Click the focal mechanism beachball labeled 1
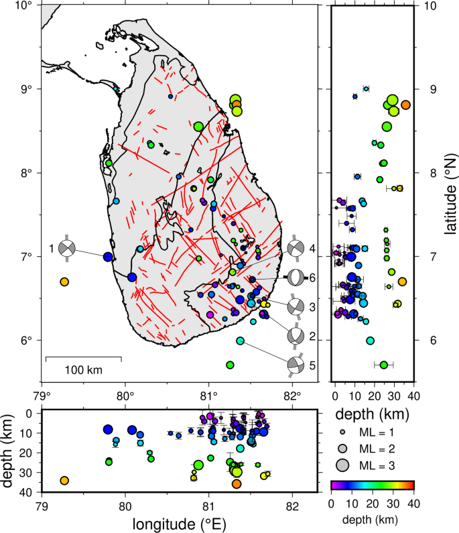67,249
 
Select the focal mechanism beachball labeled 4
296,249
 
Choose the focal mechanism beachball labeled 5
296,365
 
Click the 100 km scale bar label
84,369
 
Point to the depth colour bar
373,485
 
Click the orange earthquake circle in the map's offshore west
64,282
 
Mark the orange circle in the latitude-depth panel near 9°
405,104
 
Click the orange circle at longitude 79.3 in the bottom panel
64,481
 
